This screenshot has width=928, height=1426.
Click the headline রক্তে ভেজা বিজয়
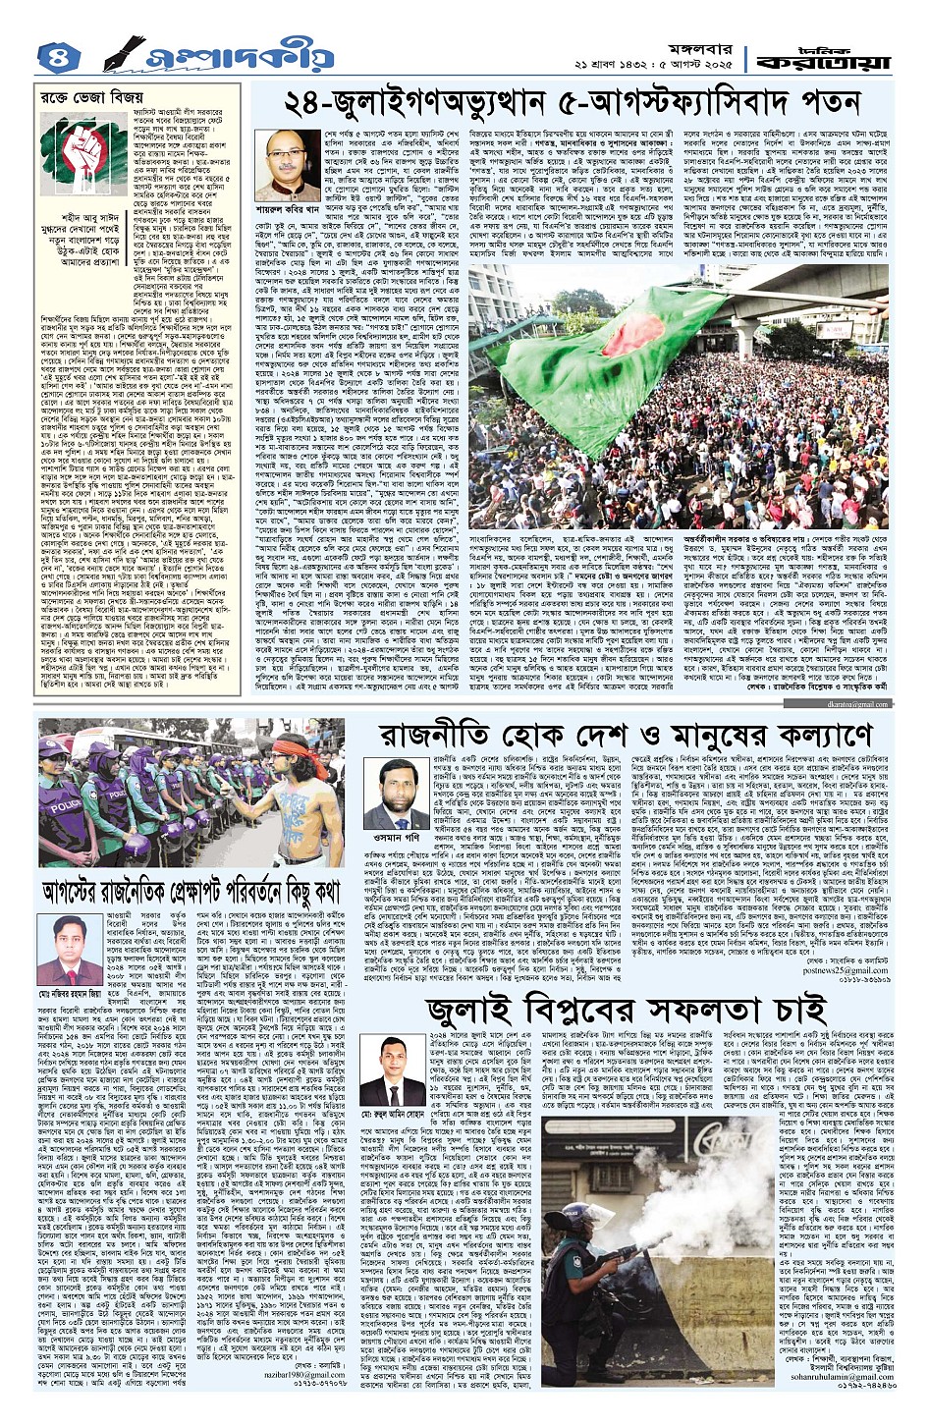[x=86, y=99]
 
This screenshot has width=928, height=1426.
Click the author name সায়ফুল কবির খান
[x=295, y=209]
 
